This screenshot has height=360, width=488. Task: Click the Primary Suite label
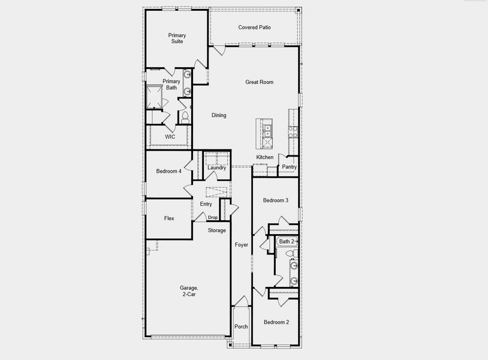176,38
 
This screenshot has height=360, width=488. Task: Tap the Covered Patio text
255,28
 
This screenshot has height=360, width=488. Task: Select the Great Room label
259,82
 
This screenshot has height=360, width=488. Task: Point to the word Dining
219,115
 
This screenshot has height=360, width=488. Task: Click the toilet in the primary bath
185,116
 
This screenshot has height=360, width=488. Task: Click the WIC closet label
170,137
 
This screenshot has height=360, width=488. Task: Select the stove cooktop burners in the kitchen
293,132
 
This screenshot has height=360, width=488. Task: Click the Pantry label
290,167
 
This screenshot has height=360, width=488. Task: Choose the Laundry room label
216,167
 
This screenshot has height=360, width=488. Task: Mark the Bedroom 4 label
168,172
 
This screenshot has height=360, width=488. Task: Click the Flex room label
169,218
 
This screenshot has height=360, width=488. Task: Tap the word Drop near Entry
213,217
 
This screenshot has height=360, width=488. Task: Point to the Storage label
217,230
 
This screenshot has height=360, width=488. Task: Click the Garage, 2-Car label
189,292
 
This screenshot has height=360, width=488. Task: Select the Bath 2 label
287,241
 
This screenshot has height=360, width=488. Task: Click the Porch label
241,327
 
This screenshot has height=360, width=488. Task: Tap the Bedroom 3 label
276,200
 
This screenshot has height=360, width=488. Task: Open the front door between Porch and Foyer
241,302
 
